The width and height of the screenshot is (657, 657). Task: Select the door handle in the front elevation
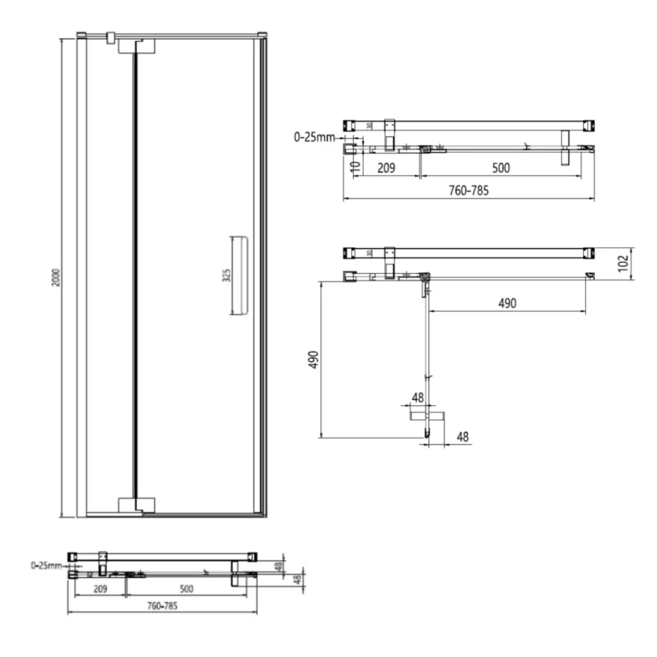click(x=240, y=276)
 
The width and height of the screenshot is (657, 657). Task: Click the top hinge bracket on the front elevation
click(x=137, y=45)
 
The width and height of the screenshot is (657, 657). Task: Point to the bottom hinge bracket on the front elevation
click(x=137, y=505)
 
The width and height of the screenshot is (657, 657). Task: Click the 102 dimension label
click(x=623, y=263)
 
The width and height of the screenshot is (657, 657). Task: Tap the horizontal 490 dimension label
click(x=506, y=303)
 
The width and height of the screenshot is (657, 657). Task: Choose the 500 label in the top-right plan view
click(x=500, y=167)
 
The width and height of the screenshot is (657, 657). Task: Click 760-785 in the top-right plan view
click(x=469, y=191)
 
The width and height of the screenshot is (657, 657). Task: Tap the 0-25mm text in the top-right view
click(x=315, y=137)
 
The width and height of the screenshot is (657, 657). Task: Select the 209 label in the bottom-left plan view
click(x=100, y=588)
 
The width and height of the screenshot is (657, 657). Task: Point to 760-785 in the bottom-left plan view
click(x=162, y=606)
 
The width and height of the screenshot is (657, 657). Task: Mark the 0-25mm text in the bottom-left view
click(x=45, y=566)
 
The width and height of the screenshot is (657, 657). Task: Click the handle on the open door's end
click(x=427, y=415)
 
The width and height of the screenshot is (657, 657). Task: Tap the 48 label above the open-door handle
click(x=418, y=397)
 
